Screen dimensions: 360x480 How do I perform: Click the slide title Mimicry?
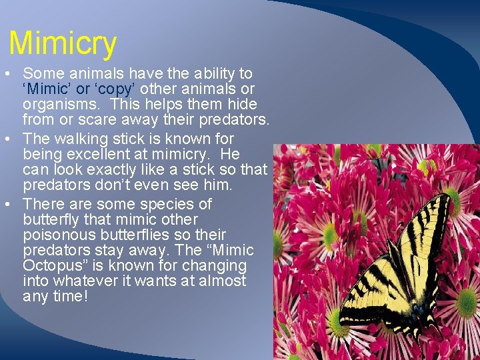63,43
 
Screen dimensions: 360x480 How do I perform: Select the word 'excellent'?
98,154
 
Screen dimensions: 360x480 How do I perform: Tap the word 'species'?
182,204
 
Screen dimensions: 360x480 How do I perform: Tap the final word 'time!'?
70,296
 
